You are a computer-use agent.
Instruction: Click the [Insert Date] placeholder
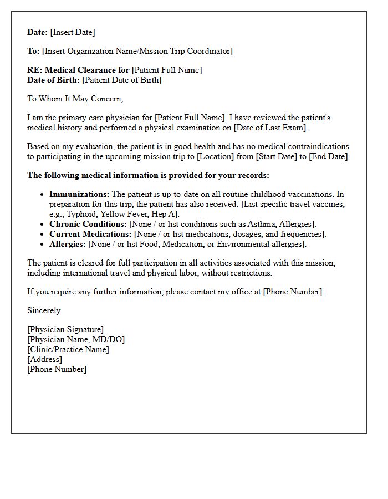coord(73,32)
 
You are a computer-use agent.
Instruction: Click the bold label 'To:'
coord(33,51)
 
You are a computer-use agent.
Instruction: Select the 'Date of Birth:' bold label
coord(53,80)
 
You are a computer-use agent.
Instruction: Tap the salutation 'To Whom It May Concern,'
coord(75,99)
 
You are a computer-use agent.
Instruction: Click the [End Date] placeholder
coord(330,156)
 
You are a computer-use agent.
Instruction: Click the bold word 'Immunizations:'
coord(79,194)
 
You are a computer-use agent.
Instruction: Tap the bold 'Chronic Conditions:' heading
coord(88,224)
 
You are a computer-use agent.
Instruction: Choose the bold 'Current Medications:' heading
coord(90,234)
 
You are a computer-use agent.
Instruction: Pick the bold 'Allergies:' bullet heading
coord(68,244)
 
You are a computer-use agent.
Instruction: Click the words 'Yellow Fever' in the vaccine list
coord(129,214)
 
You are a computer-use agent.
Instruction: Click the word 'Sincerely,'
coord(45,310)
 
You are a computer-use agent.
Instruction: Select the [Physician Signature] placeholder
coord(65,329)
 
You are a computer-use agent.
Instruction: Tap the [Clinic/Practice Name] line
coord(68,349)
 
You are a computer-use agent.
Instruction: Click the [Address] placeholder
coord(44,359)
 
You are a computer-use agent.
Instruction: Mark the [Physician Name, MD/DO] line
coord(76,339)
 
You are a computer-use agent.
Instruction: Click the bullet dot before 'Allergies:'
coord(43,244)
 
